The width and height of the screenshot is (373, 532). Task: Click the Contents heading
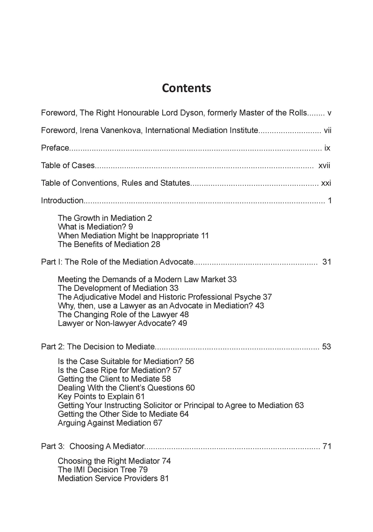click(186, 88)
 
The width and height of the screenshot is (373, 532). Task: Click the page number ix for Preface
click(327, 148)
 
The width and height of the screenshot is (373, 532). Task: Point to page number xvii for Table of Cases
click(324, 166)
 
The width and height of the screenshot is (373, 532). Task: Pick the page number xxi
click(326, 183)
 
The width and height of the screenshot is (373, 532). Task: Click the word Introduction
click(62, 201)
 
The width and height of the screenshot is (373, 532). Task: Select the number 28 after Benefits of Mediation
click(156, 244)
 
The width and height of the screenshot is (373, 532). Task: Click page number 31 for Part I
click(327, 262)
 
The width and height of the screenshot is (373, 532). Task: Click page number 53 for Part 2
click(327, 347)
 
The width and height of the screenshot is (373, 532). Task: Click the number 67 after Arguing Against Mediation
click(157, 423)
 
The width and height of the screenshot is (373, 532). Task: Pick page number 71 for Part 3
click(327, 446)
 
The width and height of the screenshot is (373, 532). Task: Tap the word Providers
click(141, 479)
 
